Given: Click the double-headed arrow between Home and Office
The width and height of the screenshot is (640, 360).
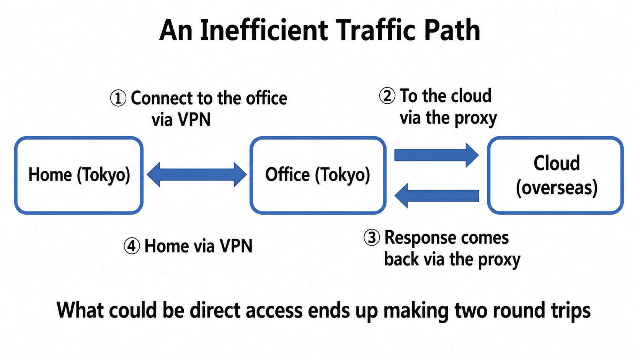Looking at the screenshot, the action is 197,174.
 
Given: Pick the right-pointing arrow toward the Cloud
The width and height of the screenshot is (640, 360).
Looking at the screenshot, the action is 436,155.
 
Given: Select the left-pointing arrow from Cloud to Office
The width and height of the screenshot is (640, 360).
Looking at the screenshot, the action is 436,195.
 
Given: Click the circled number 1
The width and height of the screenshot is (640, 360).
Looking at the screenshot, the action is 118,98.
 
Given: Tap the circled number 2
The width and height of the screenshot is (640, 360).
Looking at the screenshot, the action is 387,96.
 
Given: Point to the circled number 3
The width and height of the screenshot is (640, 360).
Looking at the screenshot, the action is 372,238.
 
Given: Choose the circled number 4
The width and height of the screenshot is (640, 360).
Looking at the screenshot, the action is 132,246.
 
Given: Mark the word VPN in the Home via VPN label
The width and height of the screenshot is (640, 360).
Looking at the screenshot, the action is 236,246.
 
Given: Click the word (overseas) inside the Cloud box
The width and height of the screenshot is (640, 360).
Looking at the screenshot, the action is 557,188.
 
